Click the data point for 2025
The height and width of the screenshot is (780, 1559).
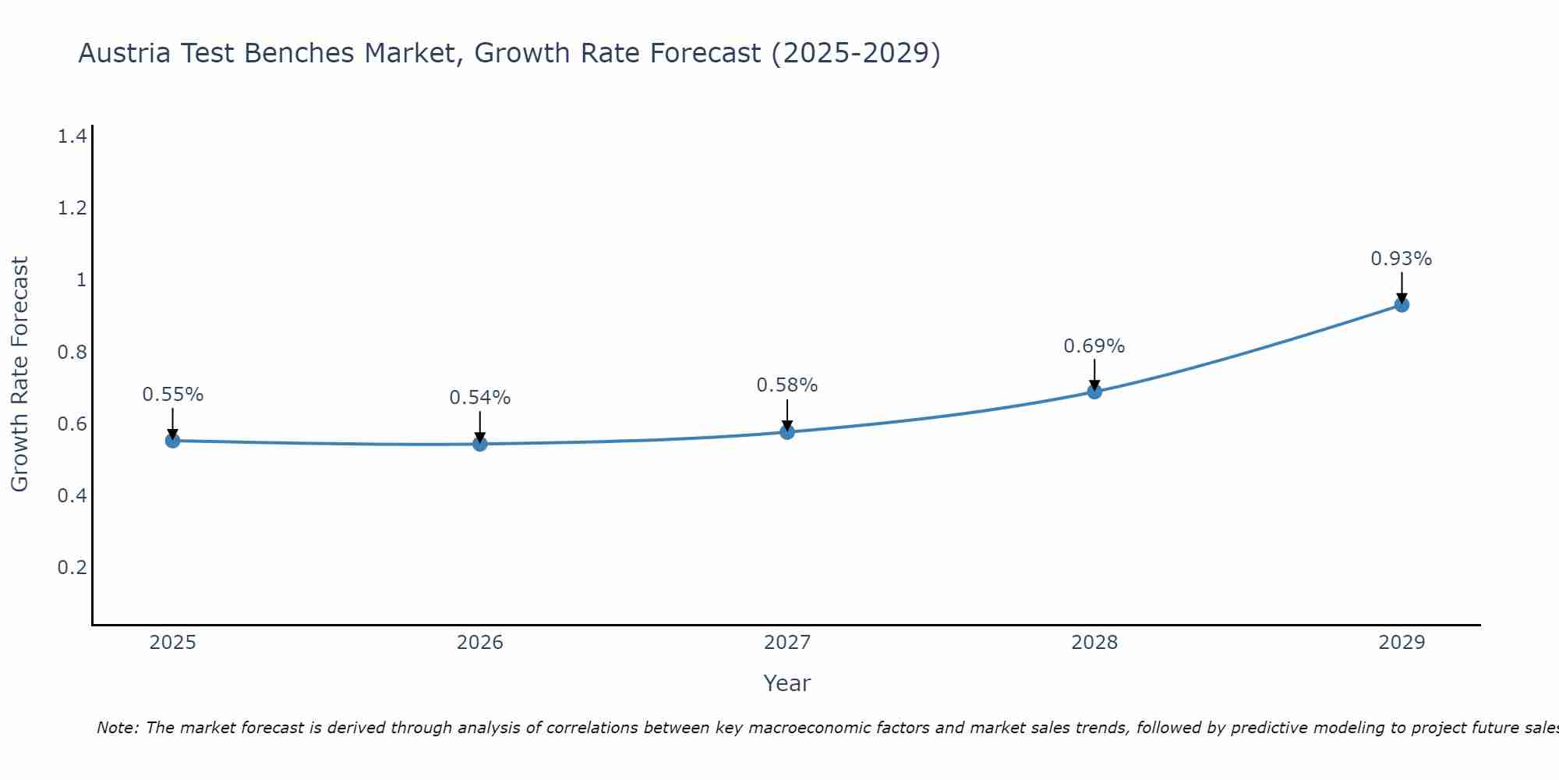[x=173, y=441]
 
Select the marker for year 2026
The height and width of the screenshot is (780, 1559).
[x=480, y=444]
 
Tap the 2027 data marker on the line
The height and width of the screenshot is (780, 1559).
[x=787, y=431]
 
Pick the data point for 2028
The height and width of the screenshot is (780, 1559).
[x=1094, y=392]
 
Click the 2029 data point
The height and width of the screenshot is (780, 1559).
[x=1402, y=305]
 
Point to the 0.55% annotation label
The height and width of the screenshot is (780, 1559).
[x=173, y=395]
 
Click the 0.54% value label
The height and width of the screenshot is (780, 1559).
[x=480, y=398]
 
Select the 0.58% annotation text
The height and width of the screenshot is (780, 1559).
[x=787, y=385]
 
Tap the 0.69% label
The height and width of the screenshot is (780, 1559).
[x=1094, y=346]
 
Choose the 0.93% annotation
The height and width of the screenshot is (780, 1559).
[x=1402, y=259]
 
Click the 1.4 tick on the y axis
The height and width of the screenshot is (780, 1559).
[x=72, y=136]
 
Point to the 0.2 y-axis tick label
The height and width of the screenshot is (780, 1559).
[x=72, y=567]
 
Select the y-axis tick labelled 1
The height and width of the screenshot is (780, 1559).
[x=81, y=280]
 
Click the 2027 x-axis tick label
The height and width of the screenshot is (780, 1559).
[x=787, y=643]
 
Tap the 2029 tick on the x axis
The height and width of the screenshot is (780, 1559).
[x=1402, y=643]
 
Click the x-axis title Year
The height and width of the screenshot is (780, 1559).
[x=787, y=683]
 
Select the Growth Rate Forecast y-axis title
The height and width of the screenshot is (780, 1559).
[x=19, y=374]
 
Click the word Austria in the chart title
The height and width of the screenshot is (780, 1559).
[x=125, y=53]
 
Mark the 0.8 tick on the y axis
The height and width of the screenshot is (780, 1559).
[x=72, y=352]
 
